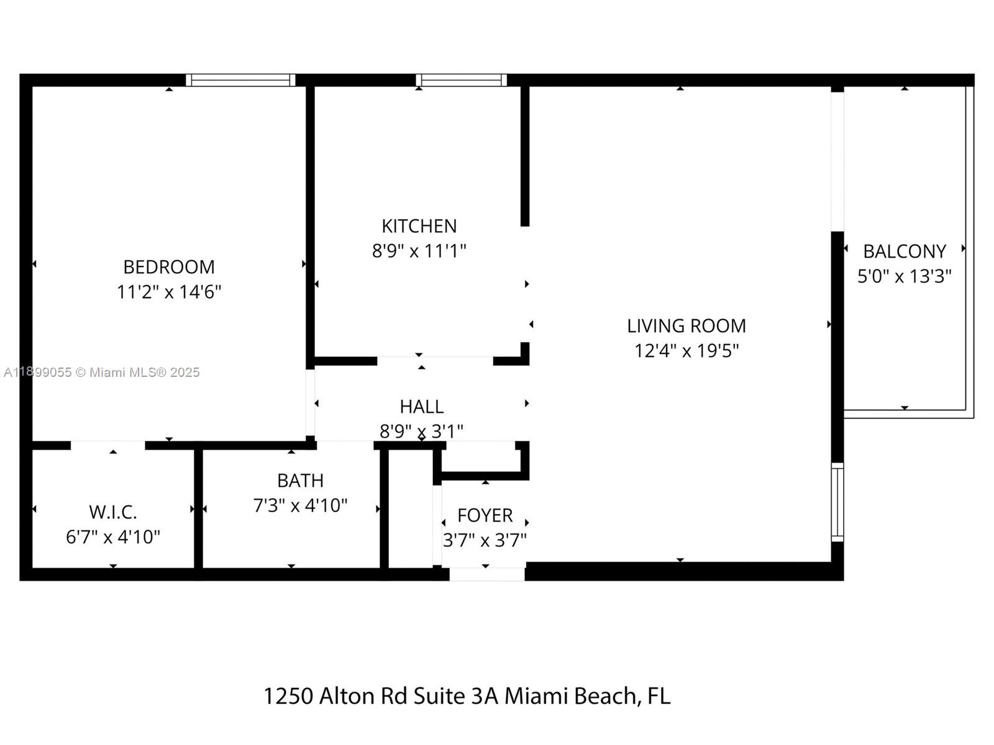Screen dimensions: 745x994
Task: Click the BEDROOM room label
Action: tap(169, 267)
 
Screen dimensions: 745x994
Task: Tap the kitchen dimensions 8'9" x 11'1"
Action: tap(419, 251)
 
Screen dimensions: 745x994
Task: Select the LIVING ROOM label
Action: tap(686, 326)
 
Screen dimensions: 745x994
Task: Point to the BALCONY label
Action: tap(904, 251)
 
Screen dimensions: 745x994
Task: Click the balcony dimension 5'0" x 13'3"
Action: tap(904, 276)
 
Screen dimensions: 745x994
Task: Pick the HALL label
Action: tap(421, 407)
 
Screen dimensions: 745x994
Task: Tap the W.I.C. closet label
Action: tap(113, 512)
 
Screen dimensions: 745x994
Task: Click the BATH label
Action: tap(300, 481)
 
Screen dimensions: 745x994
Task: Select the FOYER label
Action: tap(485, 515)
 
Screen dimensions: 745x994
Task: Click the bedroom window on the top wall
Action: tap(240, 80)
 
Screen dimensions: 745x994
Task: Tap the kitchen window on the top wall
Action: tap(461, 80)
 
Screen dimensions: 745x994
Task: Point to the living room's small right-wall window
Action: tap(837, 502)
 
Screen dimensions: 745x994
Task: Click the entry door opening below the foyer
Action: tap(486, 574)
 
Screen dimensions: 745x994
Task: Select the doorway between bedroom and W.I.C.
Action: tap(107, 445)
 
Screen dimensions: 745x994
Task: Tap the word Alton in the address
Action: tap(347, 696)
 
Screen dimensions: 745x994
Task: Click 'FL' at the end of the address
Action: tap(659, 696)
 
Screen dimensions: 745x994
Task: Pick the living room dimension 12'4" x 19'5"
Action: tap(686, 351)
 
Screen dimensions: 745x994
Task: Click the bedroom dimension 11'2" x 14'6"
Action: tap(169, 292)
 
